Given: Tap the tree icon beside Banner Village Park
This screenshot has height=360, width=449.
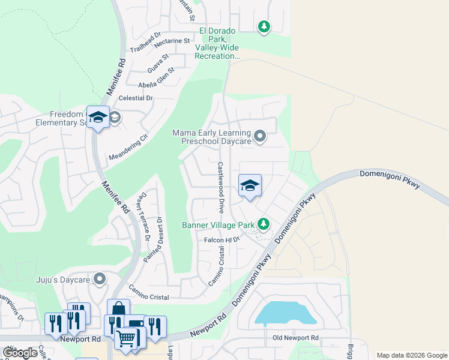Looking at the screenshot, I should coord(262,224).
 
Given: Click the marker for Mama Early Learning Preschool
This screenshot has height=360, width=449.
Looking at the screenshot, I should coord(259,137).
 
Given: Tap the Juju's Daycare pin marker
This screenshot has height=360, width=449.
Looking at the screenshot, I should coord(100,279).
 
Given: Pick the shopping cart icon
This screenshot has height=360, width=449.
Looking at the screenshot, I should coord(126,338).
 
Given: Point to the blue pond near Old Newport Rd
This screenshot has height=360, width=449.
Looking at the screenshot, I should coord(285,313).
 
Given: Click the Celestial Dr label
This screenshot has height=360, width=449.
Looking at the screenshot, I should coord(136,98).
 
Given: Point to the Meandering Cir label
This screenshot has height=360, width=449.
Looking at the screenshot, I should coord(128,147).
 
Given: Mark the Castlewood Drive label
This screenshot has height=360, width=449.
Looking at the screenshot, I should coord(221,187).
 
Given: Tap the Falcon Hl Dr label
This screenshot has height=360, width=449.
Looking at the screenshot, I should coord(221,239).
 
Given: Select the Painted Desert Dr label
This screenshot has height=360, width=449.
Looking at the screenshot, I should coord(154,239).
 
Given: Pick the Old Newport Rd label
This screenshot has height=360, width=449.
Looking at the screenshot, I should coord(294,338).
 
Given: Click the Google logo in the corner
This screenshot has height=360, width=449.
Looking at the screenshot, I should coord(20,353).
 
